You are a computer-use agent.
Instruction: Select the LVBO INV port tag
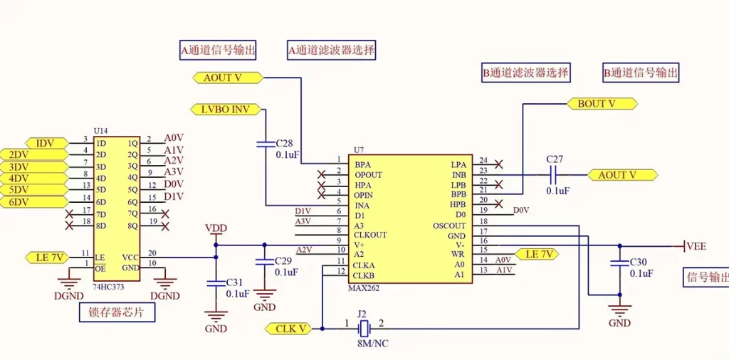click(226, 110)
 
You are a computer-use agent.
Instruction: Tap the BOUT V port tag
click(601, 104)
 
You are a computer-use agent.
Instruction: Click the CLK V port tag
click(289, 328)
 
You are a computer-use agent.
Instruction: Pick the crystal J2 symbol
click(363, 328)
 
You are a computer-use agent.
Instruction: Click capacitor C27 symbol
click(553, 174)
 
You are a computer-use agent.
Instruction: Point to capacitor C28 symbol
click(266, 144)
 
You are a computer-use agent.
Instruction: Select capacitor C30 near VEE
click(620, 263)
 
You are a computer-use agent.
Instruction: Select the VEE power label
click(696, 246)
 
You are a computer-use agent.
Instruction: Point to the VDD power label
click(215, 228)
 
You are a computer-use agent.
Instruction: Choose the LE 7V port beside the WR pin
click(537, 254)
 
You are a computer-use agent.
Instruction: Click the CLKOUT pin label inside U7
click(370, 235)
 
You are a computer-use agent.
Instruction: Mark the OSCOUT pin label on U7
click(449, 226)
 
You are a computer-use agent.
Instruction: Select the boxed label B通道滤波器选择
click(526, 72)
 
